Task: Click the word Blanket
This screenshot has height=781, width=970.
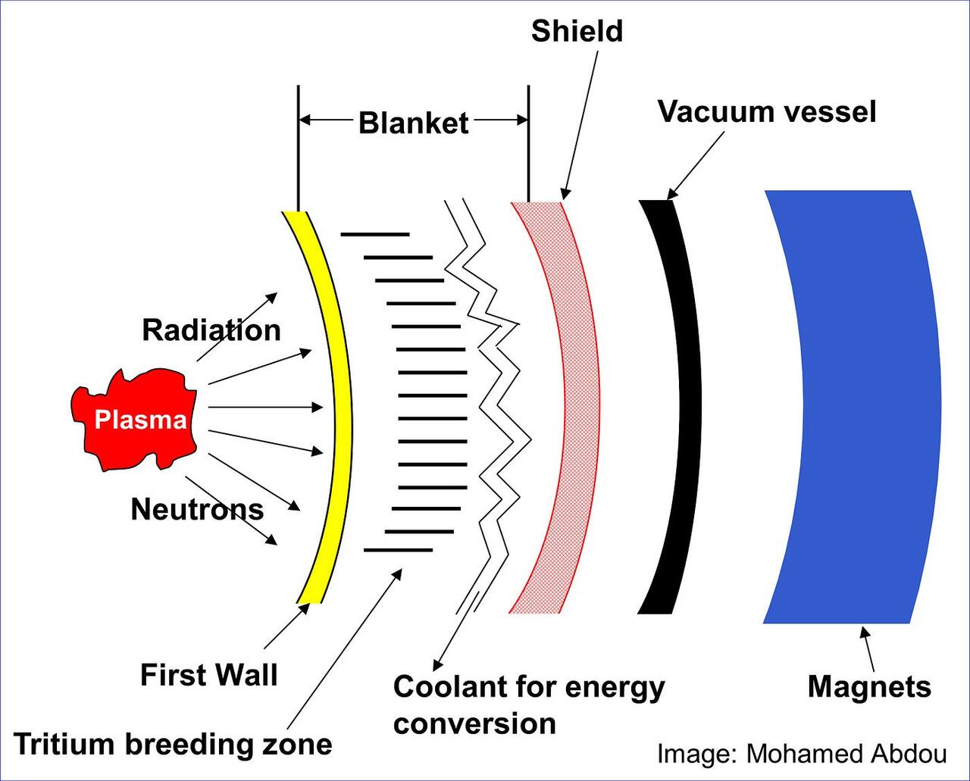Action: tap(413, 123)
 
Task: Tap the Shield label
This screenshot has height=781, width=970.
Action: tap(577, 32)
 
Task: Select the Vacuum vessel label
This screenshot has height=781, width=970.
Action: tap(766, 112)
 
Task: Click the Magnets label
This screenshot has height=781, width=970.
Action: tap(868, 687)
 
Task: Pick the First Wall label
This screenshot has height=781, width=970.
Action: tap(209, 675)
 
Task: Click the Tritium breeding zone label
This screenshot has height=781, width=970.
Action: tap(173, 745)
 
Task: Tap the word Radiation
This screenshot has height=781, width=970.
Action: tap(211, 331)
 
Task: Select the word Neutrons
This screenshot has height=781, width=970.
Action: tap(197, 510)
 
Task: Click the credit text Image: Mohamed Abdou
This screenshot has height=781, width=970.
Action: tap(802, 754)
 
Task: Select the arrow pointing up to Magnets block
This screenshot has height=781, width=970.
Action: tap(868, 648)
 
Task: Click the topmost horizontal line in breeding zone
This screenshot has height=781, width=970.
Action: tap(375, 234)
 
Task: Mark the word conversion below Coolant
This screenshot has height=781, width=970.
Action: tap(474, 724)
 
